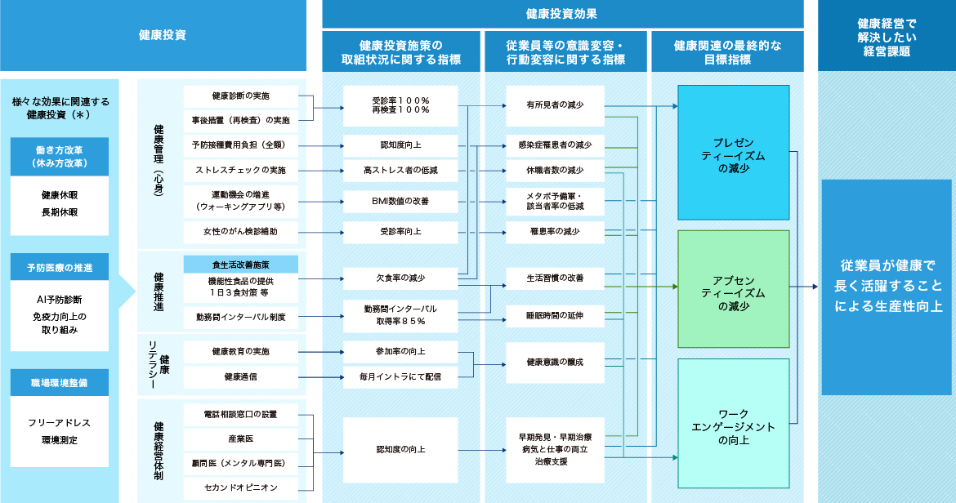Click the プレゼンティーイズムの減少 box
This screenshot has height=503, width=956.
point(733,152)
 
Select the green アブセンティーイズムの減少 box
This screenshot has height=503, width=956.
point(733,288)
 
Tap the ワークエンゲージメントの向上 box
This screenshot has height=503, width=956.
point(733,423)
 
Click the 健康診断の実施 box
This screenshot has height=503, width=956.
point(240,96)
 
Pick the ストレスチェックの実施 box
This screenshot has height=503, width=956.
point(240,170)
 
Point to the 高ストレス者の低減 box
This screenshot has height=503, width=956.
point(400,170)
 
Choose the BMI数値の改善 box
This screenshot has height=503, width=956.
point(400,201)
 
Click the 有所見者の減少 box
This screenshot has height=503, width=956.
point(555,105)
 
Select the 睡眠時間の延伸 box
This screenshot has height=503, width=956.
point(555,314)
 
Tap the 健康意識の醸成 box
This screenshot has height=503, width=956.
point(555,361)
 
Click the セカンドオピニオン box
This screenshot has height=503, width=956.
point(240,487)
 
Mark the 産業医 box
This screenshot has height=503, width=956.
point(240,439)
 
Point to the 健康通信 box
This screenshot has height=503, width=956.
point(240,376)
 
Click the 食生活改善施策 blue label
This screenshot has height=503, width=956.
point(240,265)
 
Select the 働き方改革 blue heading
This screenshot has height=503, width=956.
point(60,156)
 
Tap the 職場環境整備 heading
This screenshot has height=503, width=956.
point(60,382)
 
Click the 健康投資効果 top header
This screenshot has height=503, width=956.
point(562,14)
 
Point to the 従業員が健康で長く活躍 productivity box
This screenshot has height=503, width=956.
point(886,287)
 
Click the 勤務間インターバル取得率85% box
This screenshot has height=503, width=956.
point(400,314)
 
